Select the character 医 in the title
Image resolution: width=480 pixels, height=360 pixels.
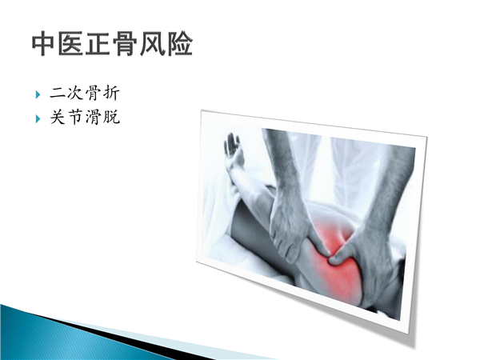(71, 44)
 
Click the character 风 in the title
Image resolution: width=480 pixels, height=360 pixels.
(152, 44)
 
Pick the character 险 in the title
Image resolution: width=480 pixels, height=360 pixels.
(179, 44)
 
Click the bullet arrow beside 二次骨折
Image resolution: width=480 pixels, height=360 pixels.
(38, 94)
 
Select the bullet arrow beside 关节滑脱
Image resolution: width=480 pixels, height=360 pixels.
(38, 118)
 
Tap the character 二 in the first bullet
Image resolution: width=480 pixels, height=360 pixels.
(58, 93)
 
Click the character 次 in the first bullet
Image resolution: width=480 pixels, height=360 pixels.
(75, 93)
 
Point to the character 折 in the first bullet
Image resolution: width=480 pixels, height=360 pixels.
(111, 93)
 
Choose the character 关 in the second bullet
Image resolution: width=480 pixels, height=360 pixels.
(58, 117)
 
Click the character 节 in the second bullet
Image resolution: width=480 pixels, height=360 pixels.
(75, 117)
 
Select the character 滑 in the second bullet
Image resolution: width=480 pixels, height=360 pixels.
(93, 117)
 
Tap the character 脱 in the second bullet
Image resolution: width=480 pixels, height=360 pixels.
(111, 117)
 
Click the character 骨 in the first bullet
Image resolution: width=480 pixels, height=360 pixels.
(93, 93)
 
